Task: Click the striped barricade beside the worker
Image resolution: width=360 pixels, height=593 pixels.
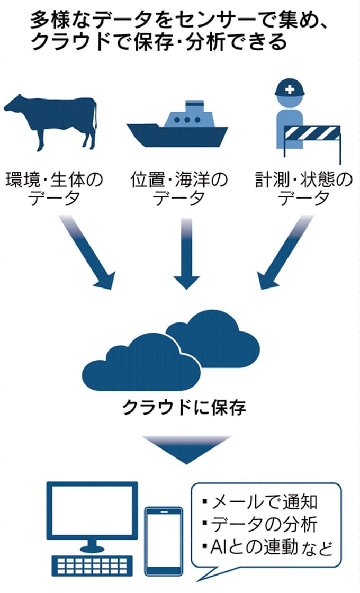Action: (312, 132)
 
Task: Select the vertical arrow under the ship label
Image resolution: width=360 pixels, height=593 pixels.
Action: (185, 254)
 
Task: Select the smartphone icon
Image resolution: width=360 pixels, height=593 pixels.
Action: (164, 543)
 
